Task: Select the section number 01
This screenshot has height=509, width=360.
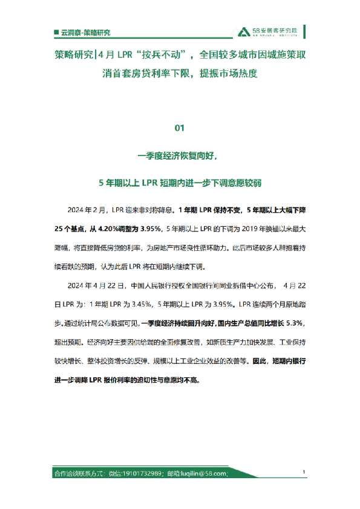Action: pyautogui.click(x=179, y=128)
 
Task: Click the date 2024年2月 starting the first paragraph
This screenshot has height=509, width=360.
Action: pyautogui.click(x=89, y=211)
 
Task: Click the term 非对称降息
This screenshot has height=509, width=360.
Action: pyautogui.click(x=155, y=211)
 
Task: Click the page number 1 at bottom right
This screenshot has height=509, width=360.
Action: pyautogui.click(x=303, y=472)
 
